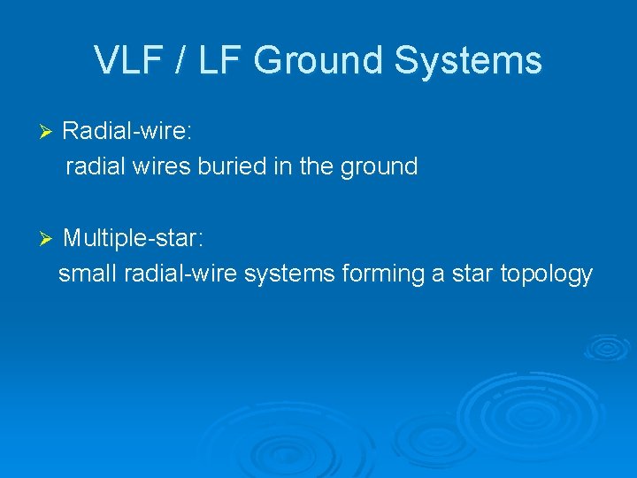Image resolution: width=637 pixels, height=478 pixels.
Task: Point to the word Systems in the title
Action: (x=469, y=61)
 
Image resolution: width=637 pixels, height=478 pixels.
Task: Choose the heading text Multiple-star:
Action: (x=133, y=238)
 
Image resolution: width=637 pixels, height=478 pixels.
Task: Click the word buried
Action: (x=228, y=166)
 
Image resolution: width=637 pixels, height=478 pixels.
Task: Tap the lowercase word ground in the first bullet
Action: (x=379, y=166)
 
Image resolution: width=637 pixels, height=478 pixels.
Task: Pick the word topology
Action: (x=546, y=274)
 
